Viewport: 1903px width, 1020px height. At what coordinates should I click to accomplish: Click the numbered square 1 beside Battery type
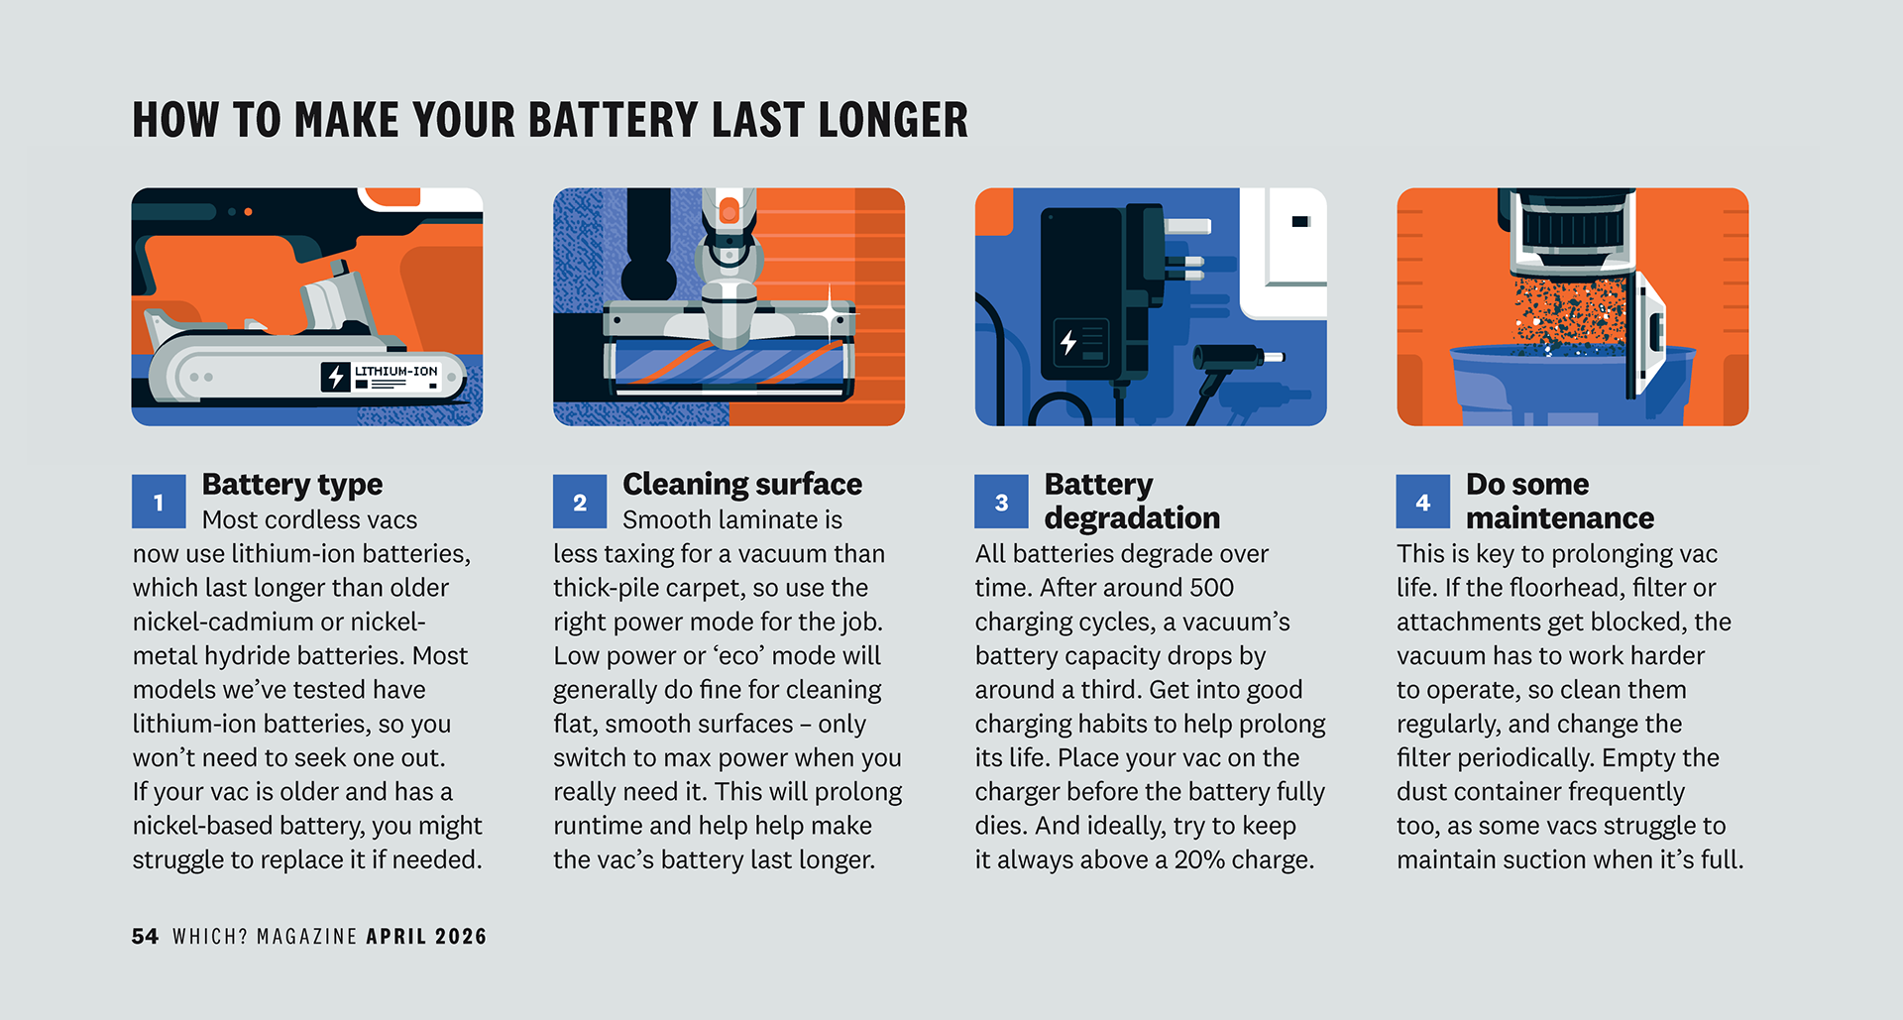click(159, 502)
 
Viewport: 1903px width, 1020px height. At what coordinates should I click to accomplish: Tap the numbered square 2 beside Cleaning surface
click(580, 502)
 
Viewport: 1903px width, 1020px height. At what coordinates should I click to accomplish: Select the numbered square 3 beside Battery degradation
click(1001, 502)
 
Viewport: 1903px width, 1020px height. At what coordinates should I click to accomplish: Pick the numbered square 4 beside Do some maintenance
click(1423, 502)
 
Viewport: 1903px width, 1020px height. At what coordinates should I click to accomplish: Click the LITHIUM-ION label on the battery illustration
click(396, 371)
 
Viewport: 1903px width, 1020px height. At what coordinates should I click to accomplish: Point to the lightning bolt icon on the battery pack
click(336, 377)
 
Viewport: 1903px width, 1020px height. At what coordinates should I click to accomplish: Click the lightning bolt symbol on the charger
click(1068, 343)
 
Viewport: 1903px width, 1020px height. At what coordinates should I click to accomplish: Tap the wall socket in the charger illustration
click(1284, 253)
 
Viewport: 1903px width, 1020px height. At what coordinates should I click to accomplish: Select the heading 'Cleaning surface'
click(742, 484)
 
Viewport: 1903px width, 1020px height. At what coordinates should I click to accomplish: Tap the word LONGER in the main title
click(894, 120)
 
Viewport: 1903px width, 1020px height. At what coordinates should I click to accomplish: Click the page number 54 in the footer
click(145, 937)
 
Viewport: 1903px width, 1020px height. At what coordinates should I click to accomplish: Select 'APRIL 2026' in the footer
click(426, 937)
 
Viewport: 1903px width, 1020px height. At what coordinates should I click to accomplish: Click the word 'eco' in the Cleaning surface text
click(738, 656)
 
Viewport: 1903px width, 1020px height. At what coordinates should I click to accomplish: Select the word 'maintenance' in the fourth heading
click(1560, 517)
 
